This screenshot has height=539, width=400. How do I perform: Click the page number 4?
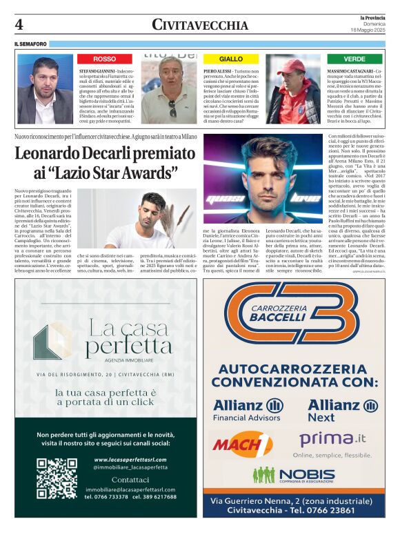click(19, 25)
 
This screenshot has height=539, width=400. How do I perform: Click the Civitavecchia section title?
click(199, 24)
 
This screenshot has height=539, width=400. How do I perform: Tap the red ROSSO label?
click(105, 59)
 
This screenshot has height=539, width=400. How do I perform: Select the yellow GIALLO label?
click(231, 59)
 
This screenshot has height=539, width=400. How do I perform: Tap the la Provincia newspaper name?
click(367, 17)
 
